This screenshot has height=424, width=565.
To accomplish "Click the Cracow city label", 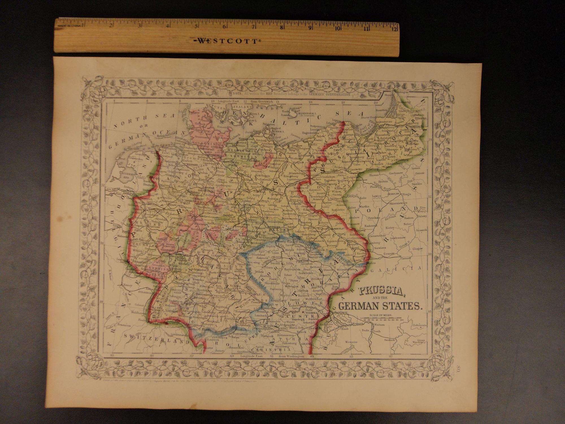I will click(x=389, y=254).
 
